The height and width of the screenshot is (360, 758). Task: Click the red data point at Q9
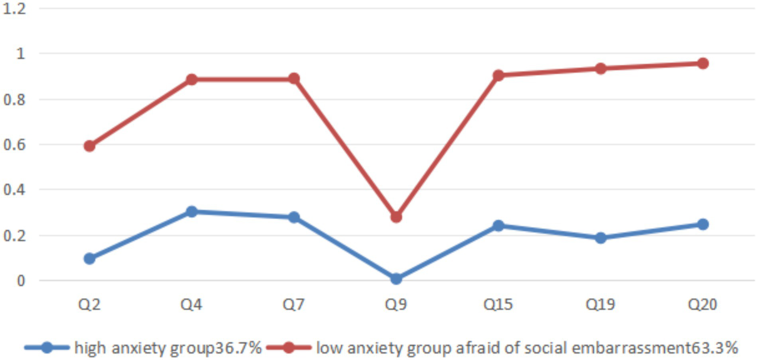(396, 217)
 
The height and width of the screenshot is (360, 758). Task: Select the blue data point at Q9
(396, 279)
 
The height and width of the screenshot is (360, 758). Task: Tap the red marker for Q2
(89, 146)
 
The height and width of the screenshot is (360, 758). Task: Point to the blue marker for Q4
(192, 212)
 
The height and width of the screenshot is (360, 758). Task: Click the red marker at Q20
(703, 63)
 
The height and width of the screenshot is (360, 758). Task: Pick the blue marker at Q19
(600, 238)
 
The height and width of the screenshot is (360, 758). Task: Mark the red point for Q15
(498, 76)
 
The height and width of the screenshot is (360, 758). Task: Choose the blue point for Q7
(294, 217)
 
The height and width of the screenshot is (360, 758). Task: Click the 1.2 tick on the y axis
(14, 9)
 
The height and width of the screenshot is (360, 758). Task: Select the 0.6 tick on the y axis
(14, 145)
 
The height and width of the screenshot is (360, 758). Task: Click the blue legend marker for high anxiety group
(47, 348)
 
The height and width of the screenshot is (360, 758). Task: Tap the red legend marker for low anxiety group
(289, 348)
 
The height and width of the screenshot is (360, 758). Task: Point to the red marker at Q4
(192, 80)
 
